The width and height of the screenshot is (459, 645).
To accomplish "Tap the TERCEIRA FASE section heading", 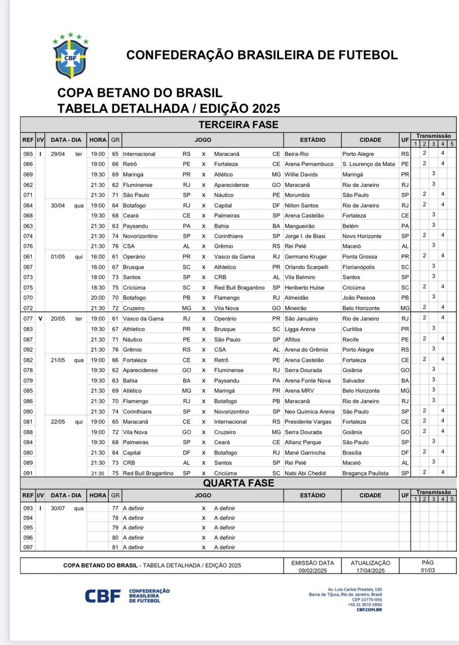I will pos(238,125).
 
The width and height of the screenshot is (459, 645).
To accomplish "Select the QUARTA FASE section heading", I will pos(238,483).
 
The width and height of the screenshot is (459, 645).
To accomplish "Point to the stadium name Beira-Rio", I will pos(297,154).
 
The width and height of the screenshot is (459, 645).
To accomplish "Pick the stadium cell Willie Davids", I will pos(301,174).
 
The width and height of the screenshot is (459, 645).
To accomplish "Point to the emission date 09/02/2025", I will pos(312,570).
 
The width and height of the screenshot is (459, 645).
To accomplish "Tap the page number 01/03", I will pos(428,570).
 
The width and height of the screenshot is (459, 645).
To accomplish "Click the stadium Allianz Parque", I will pos(303,442).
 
